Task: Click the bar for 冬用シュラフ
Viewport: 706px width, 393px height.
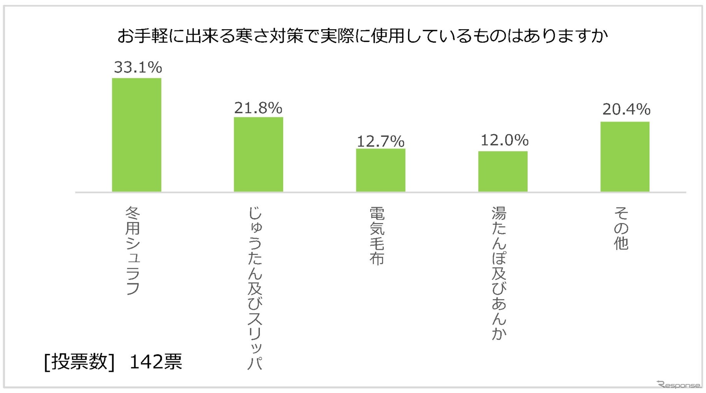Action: tap(137, 135)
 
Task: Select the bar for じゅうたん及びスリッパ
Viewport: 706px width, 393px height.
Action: tap(258, 154)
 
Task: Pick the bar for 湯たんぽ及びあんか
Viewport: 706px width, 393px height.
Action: tap(503, 171)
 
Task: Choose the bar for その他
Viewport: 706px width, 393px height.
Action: tap(625, 157)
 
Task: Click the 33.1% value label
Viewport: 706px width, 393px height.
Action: tap(138, 67)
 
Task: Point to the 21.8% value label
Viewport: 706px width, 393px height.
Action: tap(258, 108)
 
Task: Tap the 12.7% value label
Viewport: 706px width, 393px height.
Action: tap(380, 141)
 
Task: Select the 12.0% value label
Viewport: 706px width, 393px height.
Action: tap(504, 140)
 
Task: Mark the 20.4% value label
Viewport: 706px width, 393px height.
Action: tap(626, 109)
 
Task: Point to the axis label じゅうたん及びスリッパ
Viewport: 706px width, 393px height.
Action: tap(255, 288)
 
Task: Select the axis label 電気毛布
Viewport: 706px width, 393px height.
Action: tap(377, 236)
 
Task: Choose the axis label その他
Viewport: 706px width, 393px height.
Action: tap(621, 228)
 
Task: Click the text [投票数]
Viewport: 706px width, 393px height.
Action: tap(79, 362)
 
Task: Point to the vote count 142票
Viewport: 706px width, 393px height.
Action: tap(155, 362)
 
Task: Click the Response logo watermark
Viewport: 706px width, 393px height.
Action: tap(679, 385)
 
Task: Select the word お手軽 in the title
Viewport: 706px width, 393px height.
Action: tap(142, 36)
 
